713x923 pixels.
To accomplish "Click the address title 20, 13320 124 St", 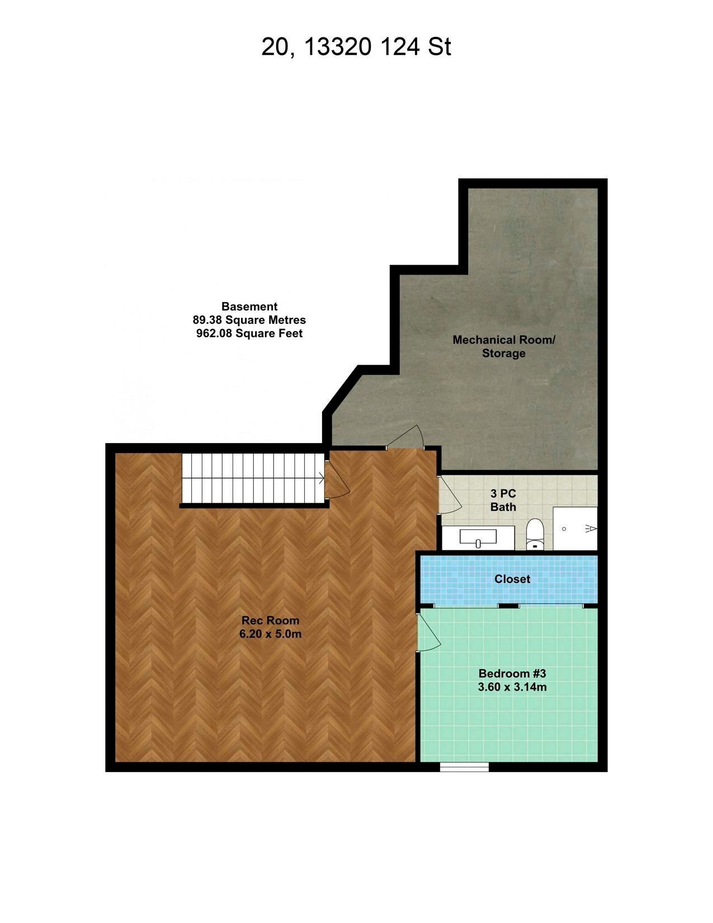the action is (356, 47).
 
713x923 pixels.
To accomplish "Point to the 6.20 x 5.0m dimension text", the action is (270, 634).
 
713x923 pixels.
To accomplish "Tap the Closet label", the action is (512, 579).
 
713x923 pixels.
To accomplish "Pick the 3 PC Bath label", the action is (503, 500).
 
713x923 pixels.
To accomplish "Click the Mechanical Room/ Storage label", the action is (504, 346).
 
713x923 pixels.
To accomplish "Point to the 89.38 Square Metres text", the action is (249, 320).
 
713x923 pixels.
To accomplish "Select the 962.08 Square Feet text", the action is (249, 333).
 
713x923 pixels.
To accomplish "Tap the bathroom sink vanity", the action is (478, 538).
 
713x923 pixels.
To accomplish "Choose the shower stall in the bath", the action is (575, 529).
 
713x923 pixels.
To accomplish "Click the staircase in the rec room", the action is (253, 478).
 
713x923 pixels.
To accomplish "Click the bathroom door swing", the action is (450, 495).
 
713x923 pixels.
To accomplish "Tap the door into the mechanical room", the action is (405, 436).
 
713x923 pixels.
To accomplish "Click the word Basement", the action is (249, 306).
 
